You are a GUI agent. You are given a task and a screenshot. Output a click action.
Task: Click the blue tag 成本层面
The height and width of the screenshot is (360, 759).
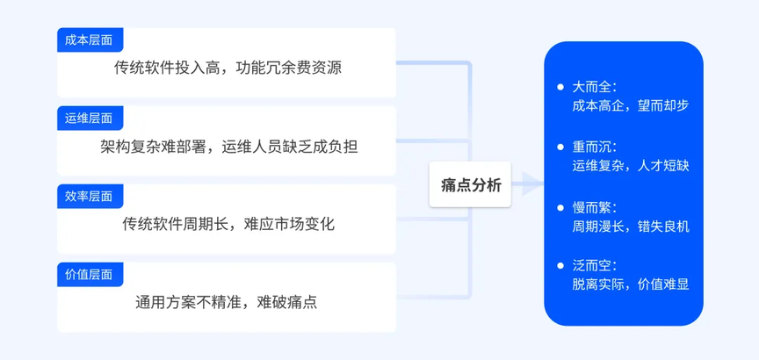coord(90,40)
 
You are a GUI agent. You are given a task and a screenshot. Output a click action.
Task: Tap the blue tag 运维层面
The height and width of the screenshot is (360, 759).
coord(90,118)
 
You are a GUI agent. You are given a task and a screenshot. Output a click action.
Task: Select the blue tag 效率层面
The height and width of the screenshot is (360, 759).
coord(90,197)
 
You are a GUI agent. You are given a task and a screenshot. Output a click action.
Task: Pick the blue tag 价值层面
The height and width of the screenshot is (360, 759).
coord(90,274)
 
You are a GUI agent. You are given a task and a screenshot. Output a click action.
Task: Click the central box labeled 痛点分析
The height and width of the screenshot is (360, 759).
coord(470,184)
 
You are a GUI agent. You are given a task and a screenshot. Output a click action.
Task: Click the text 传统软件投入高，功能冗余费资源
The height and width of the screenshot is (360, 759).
coord(228,68)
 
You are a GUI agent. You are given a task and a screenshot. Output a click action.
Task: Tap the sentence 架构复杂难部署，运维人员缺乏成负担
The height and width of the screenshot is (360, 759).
coord(229,147)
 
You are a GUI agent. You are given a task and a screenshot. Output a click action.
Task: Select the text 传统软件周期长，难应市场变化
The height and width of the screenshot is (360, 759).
coord(228,225)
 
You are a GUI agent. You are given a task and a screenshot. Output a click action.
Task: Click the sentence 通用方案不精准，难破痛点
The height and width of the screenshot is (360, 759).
coord(226,303)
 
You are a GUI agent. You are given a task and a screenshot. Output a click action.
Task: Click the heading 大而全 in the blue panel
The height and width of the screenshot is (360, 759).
coord(595,88)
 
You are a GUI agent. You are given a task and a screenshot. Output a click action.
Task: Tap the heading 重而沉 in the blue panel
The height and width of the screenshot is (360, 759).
coord(595,148)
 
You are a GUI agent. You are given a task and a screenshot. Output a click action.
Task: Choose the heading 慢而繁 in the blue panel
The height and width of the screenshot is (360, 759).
coord(595,208)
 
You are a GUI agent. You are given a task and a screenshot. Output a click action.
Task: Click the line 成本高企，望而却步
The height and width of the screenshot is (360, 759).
coord(630,106)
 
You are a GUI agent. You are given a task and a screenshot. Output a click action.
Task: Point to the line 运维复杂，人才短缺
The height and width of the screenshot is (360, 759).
coord(630,166)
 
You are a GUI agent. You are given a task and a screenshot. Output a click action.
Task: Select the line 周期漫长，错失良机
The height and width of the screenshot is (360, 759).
coord(630,227)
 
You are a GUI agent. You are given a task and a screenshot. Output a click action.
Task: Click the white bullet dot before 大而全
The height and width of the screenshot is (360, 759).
coord(560,88)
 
